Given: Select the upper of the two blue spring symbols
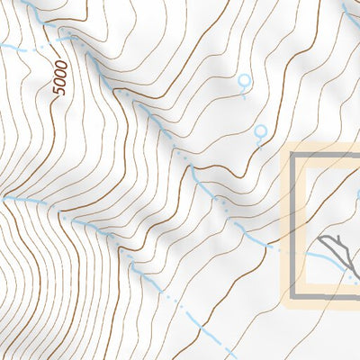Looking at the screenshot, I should [242, 82].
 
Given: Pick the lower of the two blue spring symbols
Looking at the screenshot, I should [260, 133].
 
